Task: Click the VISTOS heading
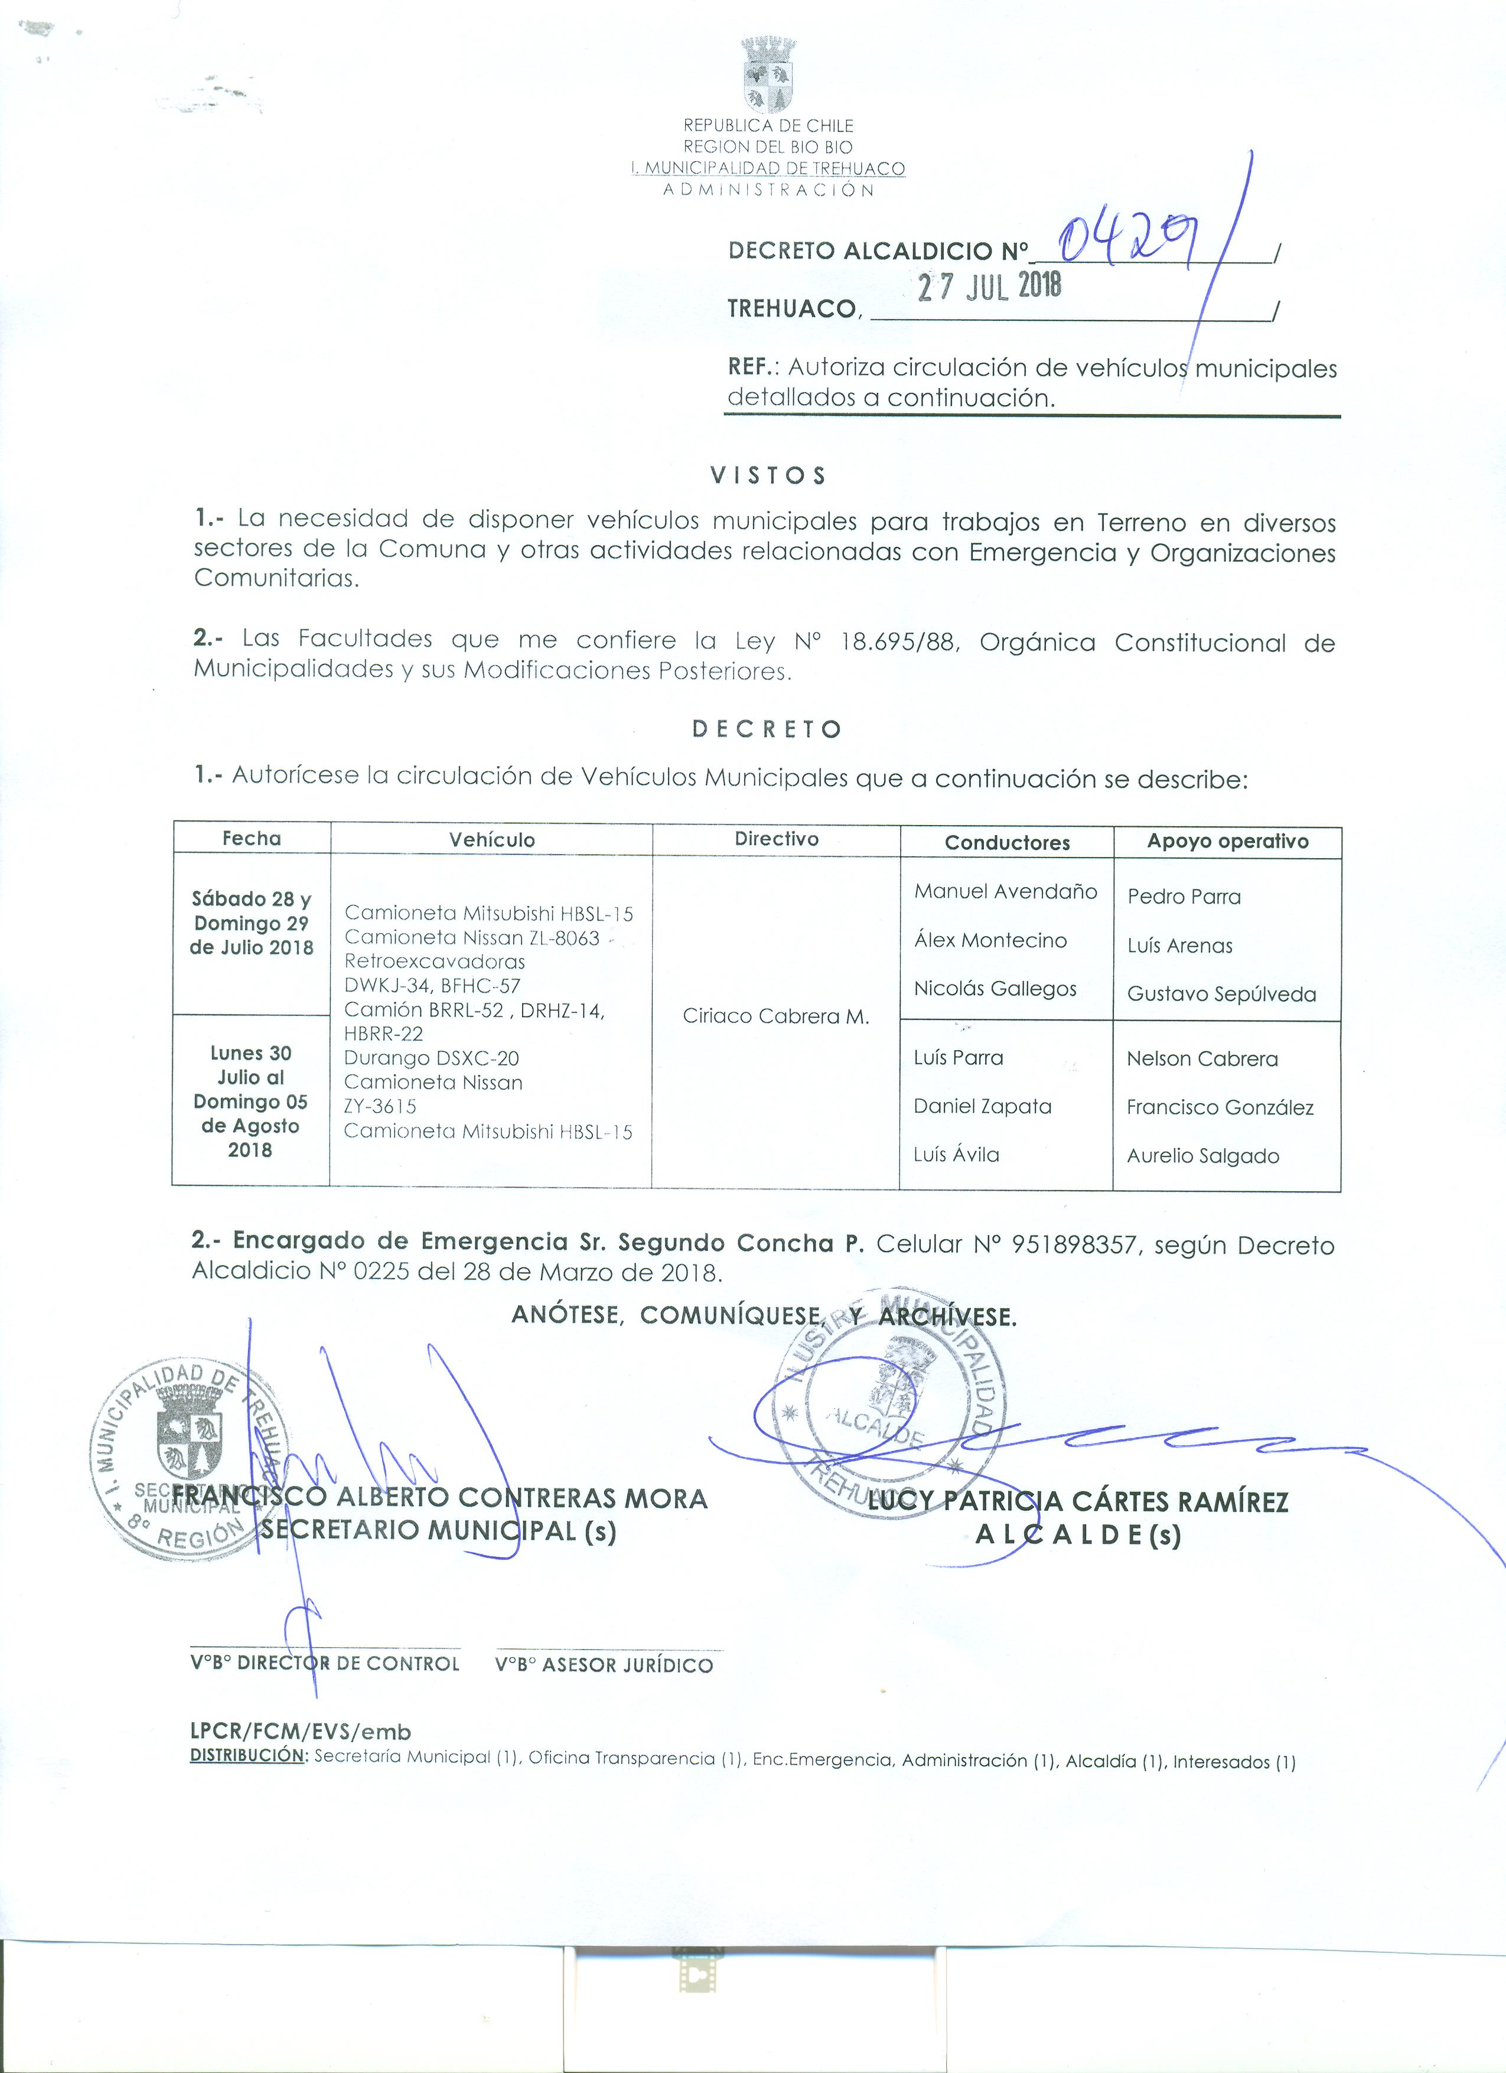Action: click(768, 475)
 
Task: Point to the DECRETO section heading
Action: click(767, 728)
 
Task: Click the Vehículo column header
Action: click(491, 840)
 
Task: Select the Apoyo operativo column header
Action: click(1227, 842)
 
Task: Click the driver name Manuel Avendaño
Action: click(1005, 891)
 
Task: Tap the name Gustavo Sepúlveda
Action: click(1221, 995)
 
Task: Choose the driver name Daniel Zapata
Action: click(982, 1107)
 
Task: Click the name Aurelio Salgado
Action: click(1202, 1156)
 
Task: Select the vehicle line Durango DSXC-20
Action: click(431, 1058)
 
